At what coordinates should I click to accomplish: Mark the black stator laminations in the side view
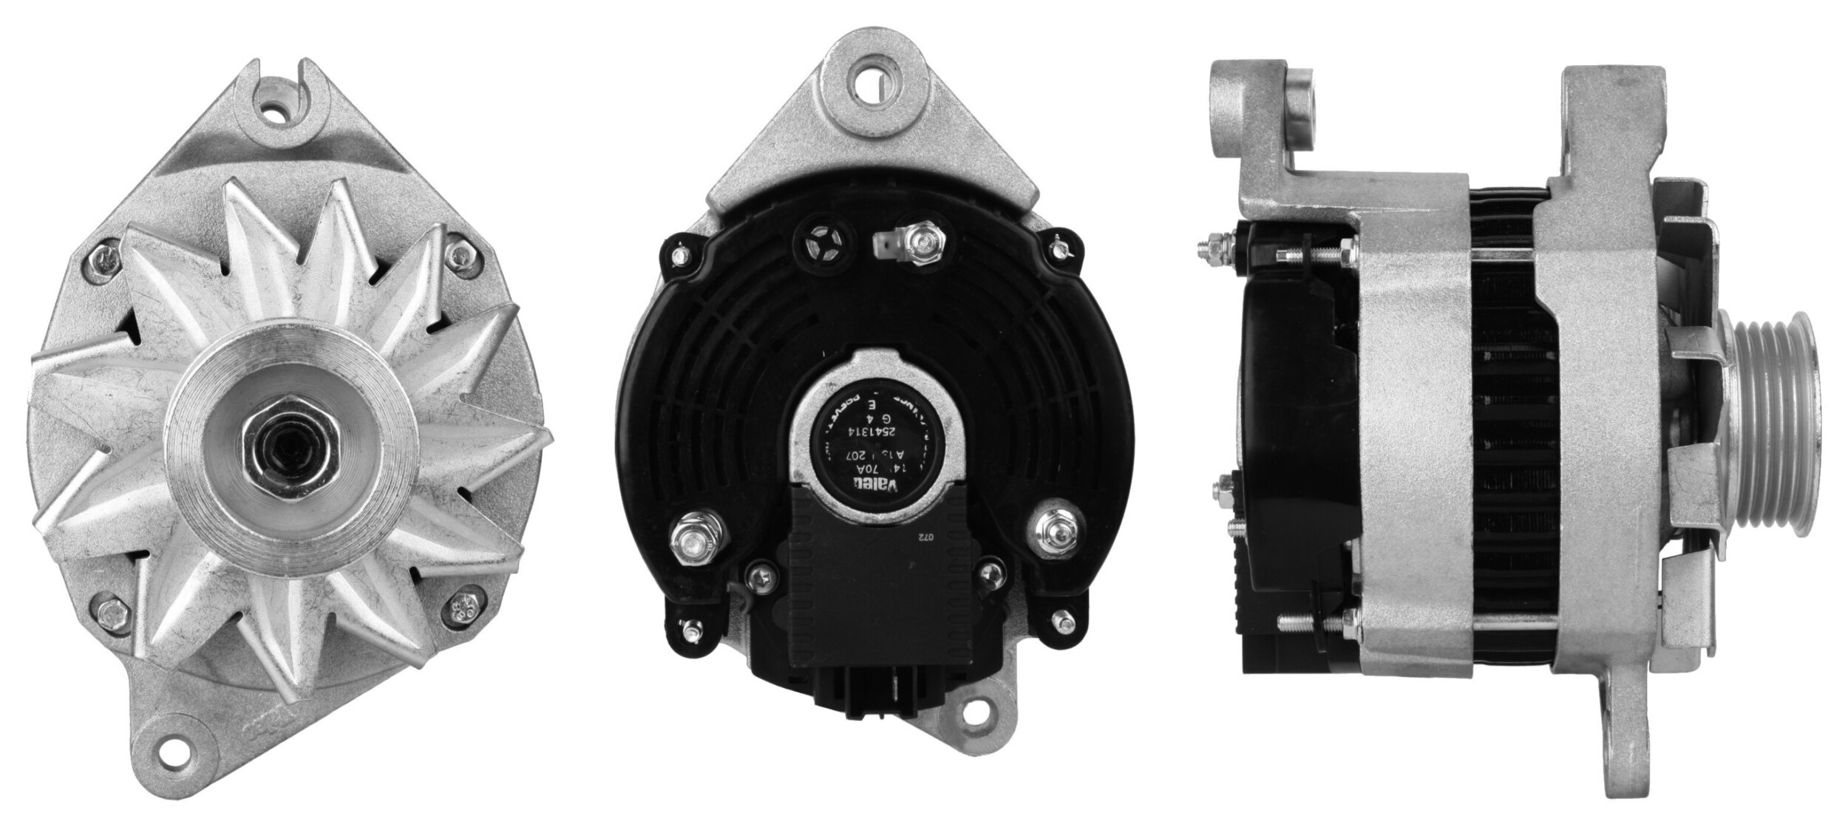point(1501,443)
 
